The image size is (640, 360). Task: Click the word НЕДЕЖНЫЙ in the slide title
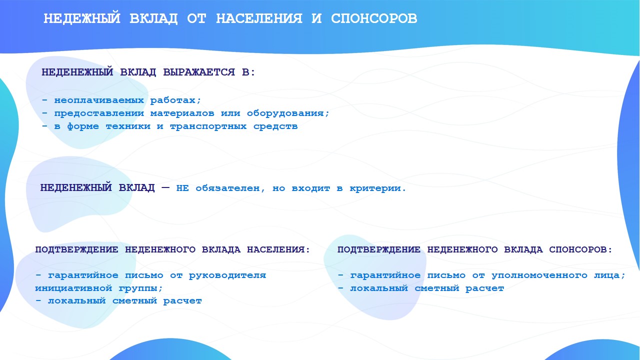[82, 19]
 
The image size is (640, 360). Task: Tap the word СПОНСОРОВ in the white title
[374, 18]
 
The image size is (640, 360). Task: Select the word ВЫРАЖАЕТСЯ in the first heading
[199, 72]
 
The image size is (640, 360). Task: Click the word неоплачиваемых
[99, 100]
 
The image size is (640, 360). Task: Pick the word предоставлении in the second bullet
[99, 113]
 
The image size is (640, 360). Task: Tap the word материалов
[182, 113]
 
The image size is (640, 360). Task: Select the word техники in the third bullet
[128, 126]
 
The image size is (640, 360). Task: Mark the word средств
[275, 126]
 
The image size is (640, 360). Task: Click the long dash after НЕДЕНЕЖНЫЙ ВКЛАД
[165, 187]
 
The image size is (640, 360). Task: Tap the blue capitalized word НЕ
[182, 188]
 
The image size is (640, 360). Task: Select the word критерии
[375, 188]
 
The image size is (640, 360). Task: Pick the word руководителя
[227, 275]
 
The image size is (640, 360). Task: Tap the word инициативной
[73, 288]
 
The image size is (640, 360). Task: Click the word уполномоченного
[539, 275]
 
